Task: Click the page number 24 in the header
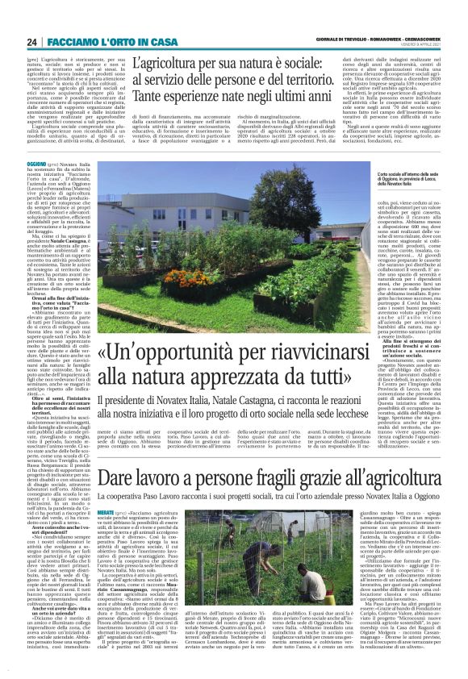tap(32, 42)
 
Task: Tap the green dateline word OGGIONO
tap(36, 164)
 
